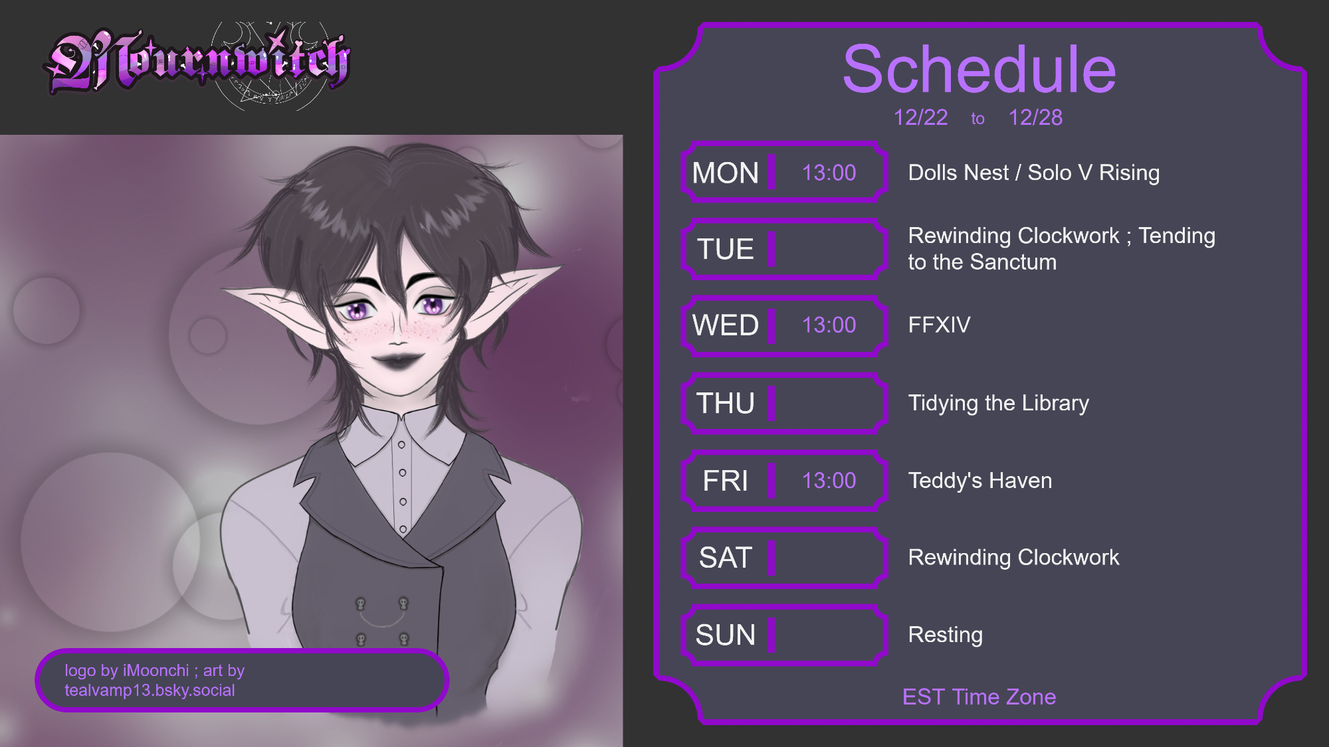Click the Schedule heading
(x=979, y=70)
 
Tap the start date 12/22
(x=920, y=118)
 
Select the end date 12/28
(x=1035, y=118)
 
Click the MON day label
(x=725, y=173)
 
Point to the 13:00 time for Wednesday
(x=829, y=325)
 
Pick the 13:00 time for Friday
(x=829, y=481)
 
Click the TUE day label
(x=726, y=250)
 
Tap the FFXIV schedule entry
(x=939, y=325)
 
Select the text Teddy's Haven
(x=980, y=481)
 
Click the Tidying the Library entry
(x=998, y=403)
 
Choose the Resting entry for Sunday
(x=945, y=635)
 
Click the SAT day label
(x=726, y=558)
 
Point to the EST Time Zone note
(x=979, y=697)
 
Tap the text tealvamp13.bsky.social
(x=150, y=691)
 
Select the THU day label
(x=726, y=404)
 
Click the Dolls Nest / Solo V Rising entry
(x=1034, y=173)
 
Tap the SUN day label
(x=726, y=635)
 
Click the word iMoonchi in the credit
(x=155, y=671)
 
